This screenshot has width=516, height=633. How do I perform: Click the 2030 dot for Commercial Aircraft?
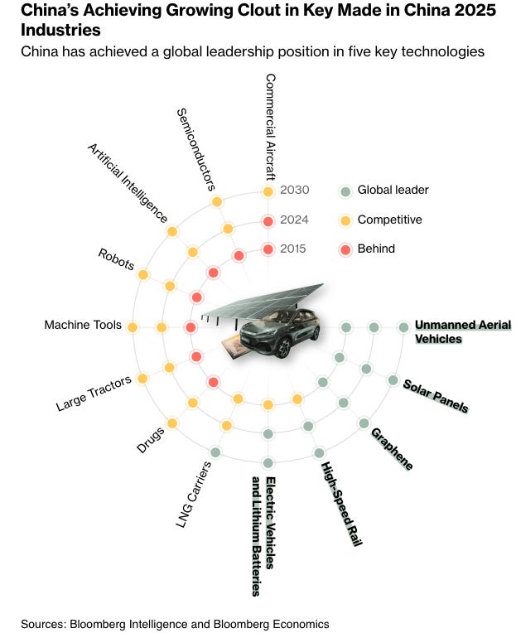[268, 191]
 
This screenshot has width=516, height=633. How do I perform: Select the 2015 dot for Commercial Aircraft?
[268, 249]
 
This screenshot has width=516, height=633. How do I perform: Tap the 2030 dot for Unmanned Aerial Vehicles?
[403, 327]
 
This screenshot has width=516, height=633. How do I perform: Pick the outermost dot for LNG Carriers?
[215, 452]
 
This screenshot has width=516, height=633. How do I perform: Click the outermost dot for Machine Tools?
[132, 327]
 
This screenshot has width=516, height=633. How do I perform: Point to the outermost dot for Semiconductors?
[217, 201]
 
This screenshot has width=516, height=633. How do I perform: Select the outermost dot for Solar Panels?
[393, 380]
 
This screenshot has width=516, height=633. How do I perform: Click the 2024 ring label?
[294, 220]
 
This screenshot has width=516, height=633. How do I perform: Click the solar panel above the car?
[265, 300]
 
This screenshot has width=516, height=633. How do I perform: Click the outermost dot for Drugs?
[172, 423]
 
